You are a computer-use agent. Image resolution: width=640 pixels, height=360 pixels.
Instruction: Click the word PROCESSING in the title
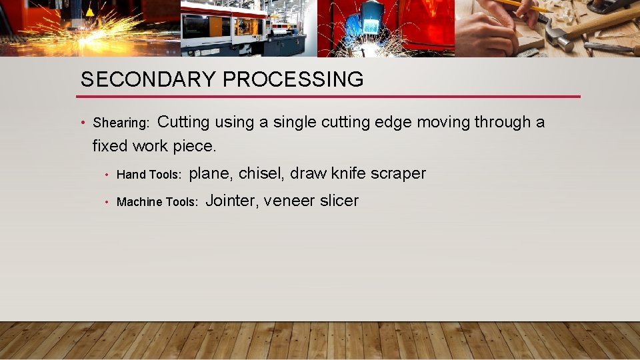pyautogui.click(x=293, y=79)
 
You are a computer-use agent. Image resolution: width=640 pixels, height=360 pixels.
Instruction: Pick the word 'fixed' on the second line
pyautogui.click(x=110, y=145)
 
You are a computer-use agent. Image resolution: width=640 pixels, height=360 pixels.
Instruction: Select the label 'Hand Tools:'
pyautogui.click(x=149, y=175)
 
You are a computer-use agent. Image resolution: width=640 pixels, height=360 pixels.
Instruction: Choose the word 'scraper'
pyautogui.click(x=398, y=174)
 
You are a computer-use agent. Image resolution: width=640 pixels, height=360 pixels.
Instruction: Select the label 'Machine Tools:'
pyautogui.click(x=157, y=202)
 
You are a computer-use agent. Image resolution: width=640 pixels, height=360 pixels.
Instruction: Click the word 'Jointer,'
pyautogui.click(x=232, y=201)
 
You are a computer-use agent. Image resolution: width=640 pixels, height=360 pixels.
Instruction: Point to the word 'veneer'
pyautogui.click(x=289, y=201)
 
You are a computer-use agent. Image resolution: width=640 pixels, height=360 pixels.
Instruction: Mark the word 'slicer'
pyautogui.click(x=339, y=201)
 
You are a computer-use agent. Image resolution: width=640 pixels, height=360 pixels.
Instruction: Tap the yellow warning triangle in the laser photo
pyautogui.click(x=89, y=11)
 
